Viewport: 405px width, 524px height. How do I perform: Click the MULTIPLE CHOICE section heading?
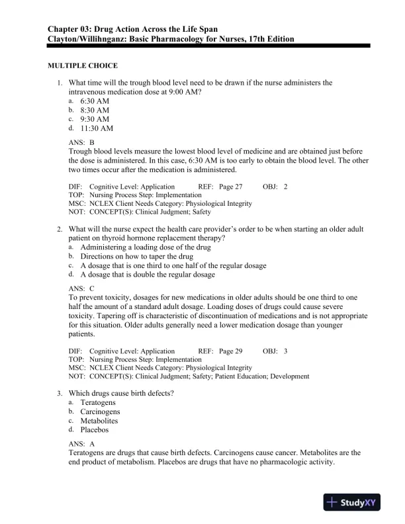83,66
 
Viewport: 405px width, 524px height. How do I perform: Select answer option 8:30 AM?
95,110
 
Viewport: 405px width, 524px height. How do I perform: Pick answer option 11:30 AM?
97,128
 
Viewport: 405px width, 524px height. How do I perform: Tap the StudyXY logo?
355,503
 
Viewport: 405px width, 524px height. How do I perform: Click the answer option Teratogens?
98,402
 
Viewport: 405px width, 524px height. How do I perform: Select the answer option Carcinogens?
100,412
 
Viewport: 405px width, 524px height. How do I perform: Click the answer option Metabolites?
99,421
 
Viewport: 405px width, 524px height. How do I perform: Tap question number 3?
59,393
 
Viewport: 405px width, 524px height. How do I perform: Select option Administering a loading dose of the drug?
146,247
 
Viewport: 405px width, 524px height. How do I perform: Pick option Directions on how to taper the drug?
137,256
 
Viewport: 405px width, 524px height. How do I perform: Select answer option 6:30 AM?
95,101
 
